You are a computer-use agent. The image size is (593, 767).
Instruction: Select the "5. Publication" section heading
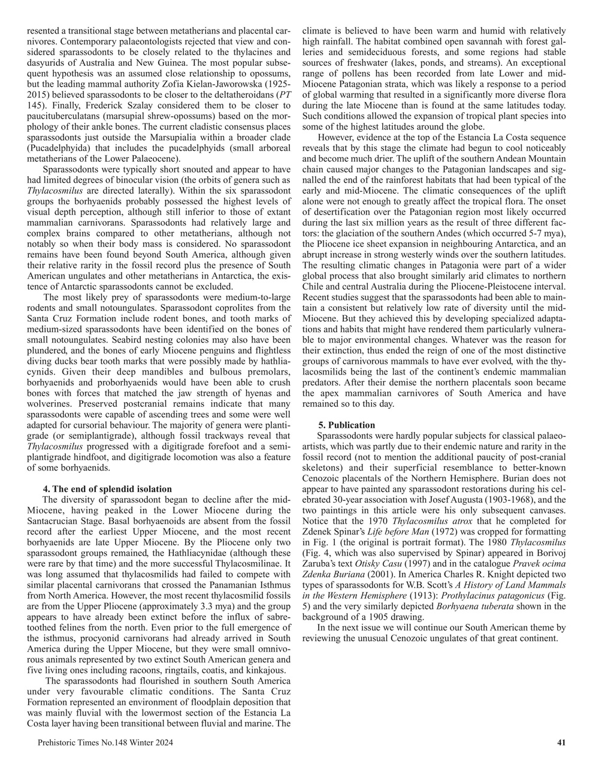tap(347, 425)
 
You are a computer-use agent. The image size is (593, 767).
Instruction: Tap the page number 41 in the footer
tap(561, 743)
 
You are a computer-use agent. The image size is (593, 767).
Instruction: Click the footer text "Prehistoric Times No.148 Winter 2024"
tap(105, 743)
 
